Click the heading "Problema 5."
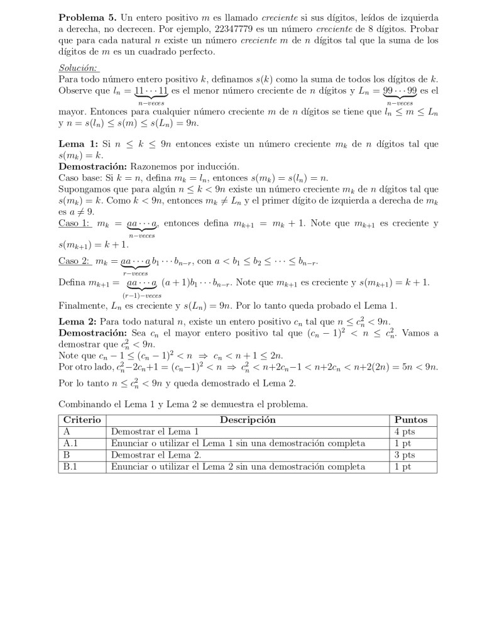79,18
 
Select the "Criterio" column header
82,420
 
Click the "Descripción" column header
248,420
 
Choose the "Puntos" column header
410,420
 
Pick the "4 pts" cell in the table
405,432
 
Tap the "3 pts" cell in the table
405,455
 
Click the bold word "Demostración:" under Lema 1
92,167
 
